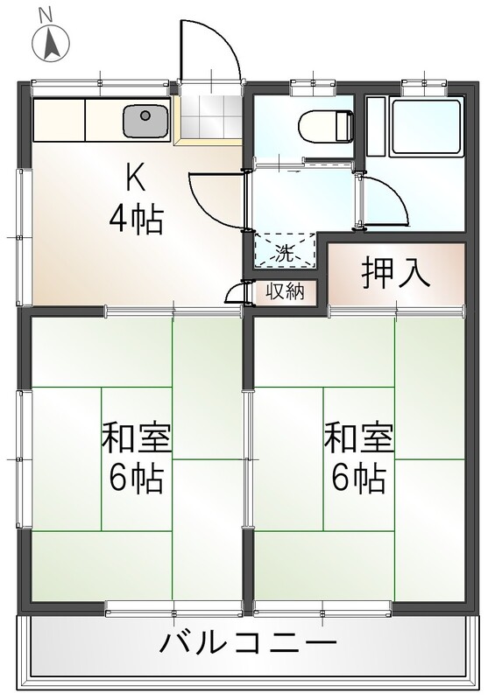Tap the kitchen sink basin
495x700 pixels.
click(x=145, y=121)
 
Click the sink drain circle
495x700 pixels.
click(x=145, y=116)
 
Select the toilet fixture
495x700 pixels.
click(x=326, y=126)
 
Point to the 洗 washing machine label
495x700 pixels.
click(x=284, y=254)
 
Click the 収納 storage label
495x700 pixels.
click(x=286, y=291)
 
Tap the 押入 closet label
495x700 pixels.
click(x=396, y=273)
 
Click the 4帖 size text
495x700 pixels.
click(x=136, y=220)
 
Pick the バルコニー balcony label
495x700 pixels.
click(x=248, y=643)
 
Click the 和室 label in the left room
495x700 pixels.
click(x=137, y=437)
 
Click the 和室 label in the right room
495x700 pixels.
click(x=358, y=437)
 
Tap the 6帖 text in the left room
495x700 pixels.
click(x=136, y=479)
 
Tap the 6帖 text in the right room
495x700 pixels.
click(x=358, y=479)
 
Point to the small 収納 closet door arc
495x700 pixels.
click(x=232, y=292)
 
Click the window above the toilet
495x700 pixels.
click(x=313, y=87)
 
